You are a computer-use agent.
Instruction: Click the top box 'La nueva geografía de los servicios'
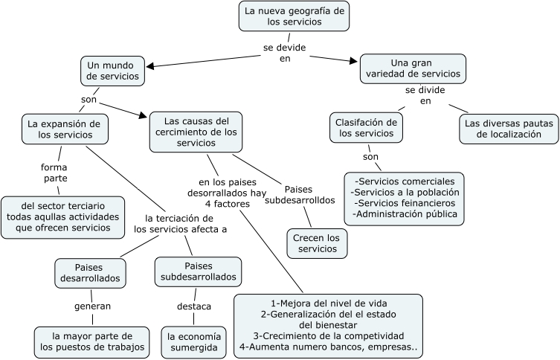tap(295, 16)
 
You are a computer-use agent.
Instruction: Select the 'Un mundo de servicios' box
tap(112, 71)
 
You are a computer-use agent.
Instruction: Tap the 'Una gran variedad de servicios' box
tap(412, 68)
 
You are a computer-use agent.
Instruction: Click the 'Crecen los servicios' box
tap(317, 243)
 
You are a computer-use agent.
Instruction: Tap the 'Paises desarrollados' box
tap(88, 272)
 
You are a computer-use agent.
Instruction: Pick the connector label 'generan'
tap(92, 305)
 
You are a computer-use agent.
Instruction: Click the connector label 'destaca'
tap(193, 306)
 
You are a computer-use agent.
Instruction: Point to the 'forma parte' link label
tap(54, 173)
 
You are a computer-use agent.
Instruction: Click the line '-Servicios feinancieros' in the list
tap(405, 203)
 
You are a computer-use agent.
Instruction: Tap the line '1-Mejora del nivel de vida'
tap(328, 303)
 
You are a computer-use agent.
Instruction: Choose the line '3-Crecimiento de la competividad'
tap(328, 335)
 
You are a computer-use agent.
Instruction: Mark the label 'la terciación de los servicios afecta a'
tap(180, 224)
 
